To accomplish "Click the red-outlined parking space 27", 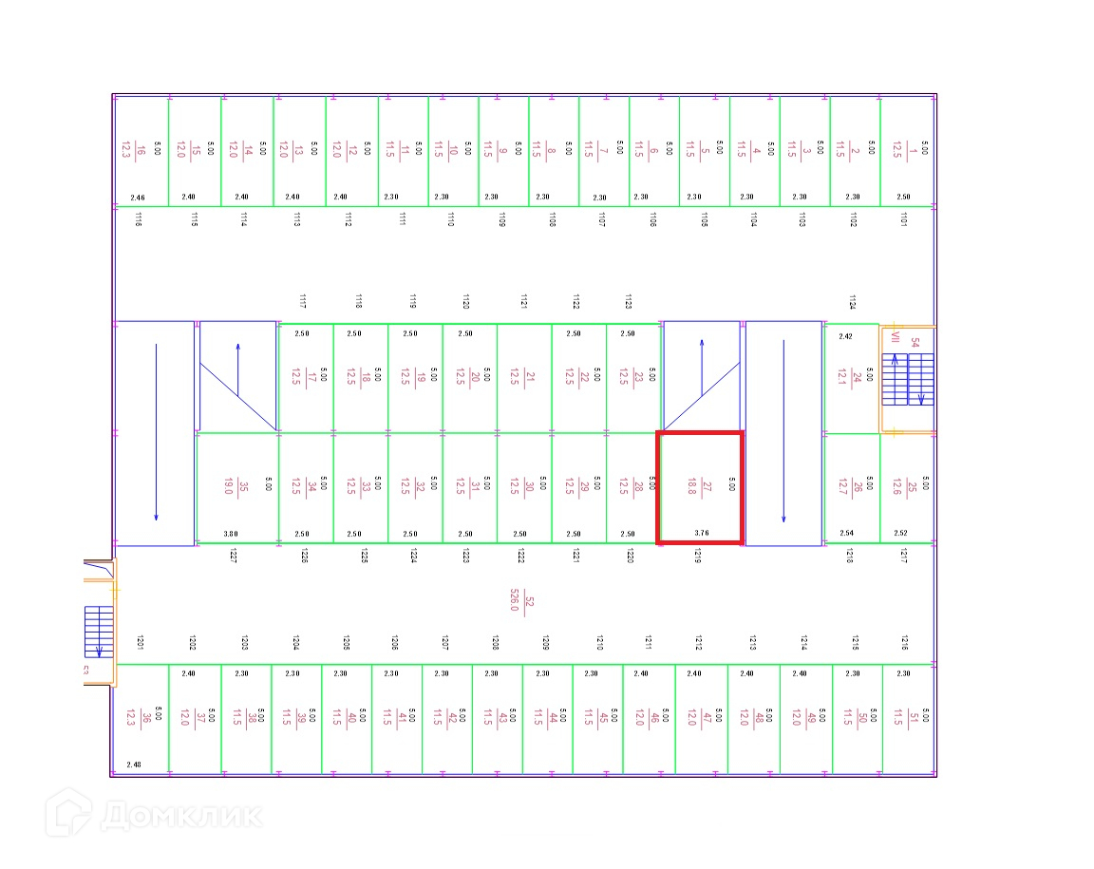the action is coord(700,486).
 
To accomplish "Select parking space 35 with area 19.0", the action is coord(236,487).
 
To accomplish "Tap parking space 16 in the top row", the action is coord(141,149).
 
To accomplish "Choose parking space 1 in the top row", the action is coord(906,149).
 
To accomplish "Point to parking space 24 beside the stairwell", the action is coord(851,379).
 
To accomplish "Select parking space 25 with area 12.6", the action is coord(907,487).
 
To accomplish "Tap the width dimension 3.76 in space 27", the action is coord(702,534).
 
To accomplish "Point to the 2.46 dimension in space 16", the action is coord(138,198).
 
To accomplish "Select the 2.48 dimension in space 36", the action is coord(133,765).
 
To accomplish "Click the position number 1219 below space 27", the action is coord(697,557).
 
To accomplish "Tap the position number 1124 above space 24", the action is coord(852,303).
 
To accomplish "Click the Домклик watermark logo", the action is coord(153,816).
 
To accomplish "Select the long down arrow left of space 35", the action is coord(156,432).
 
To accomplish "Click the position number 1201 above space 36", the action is coord(139,642).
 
